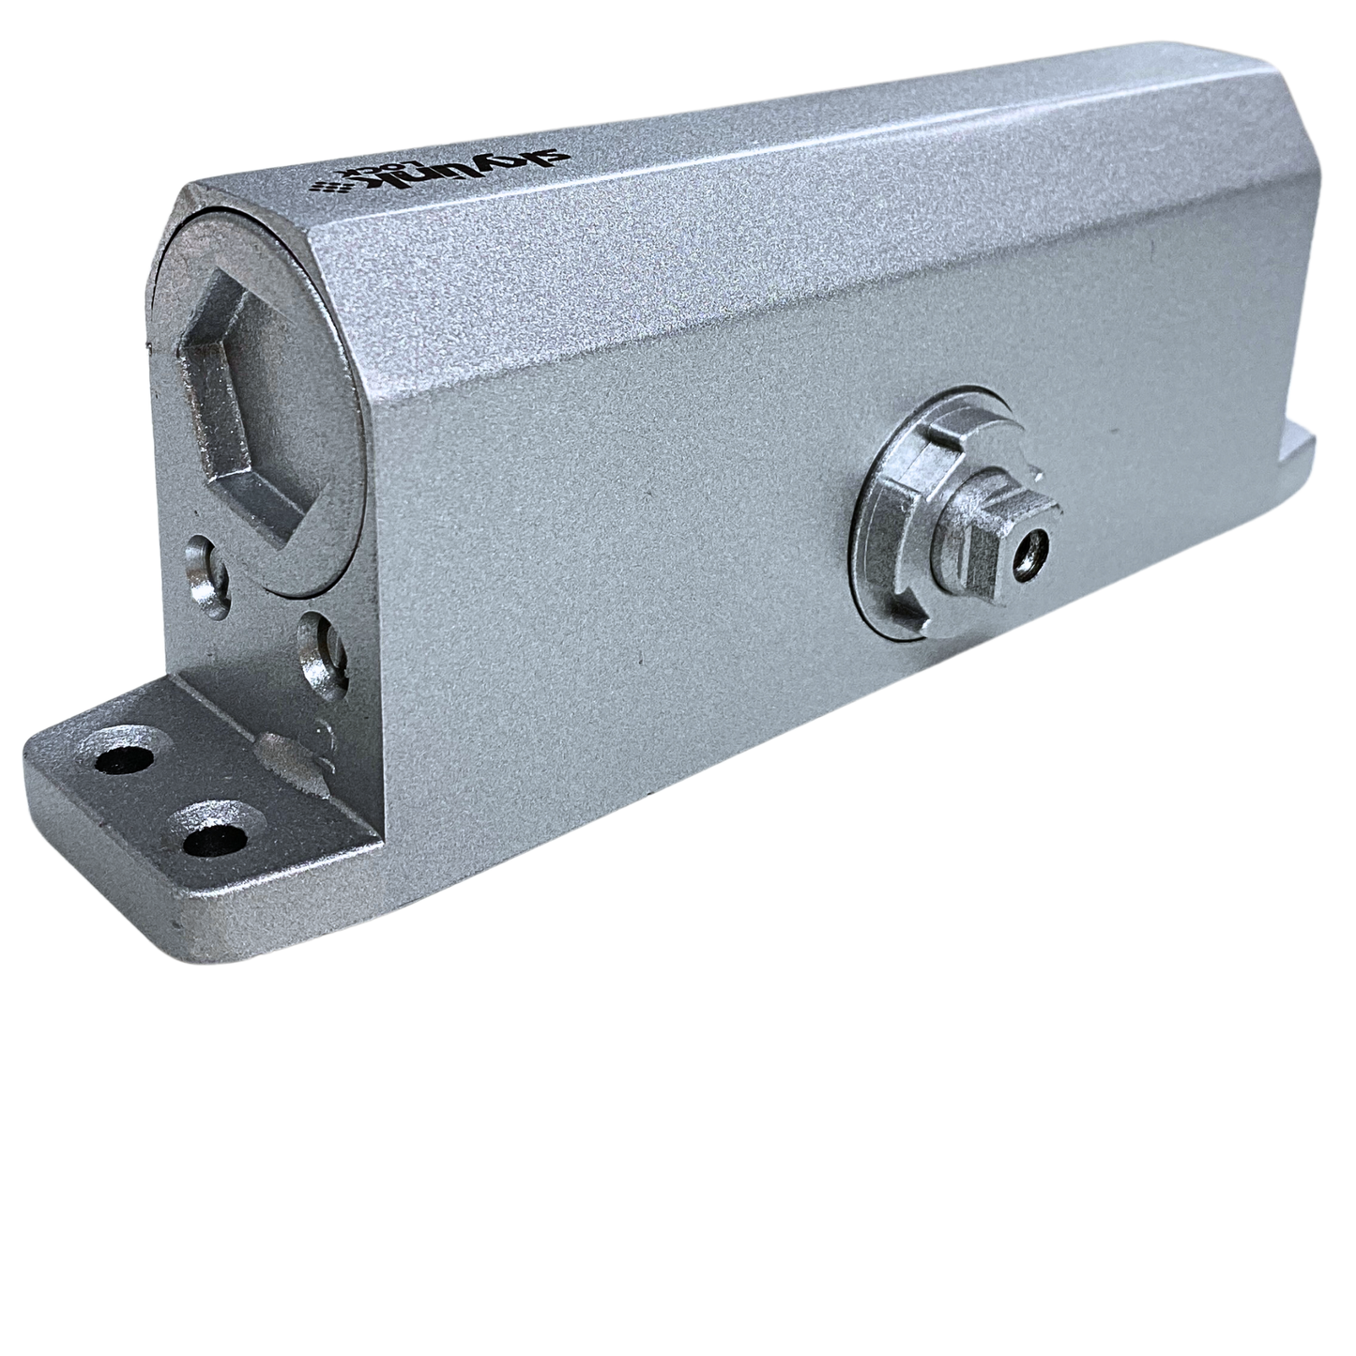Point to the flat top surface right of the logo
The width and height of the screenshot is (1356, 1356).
[x=751, y=141]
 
